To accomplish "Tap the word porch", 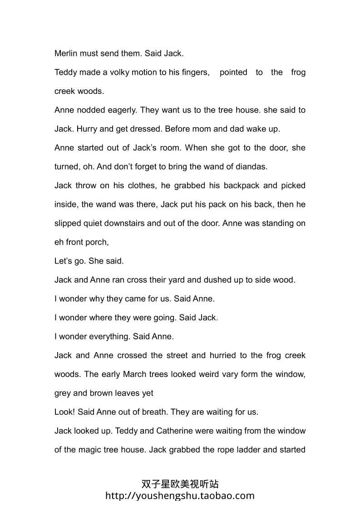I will coord(97,242).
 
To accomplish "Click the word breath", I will coord(154,412).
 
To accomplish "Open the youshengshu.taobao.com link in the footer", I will coord(180,496).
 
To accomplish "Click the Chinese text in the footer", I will coord(180,484).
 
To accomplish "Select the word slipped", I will coord(68,223).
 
